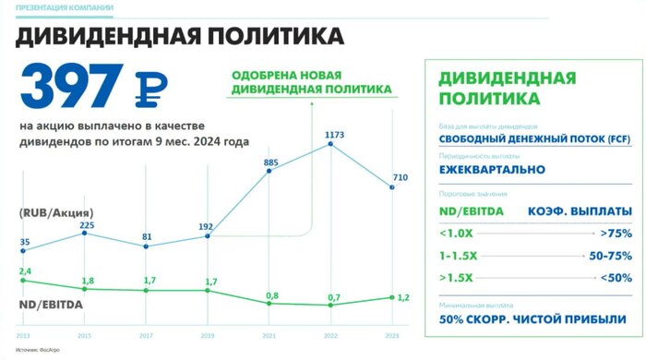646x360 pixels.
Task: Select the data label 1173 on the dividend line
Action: pos(334,136)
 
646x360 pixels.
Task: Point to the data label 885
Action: pos(271,162)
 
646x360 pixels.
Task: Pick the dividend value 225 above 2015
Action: pos(87,224)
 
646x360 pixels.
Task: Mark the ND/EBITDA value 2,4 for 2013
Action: pos(25,270)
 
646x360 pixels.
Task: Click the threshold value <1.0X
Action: pos(458,234)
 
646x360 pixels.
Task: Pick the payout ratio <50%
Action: pos(615,278)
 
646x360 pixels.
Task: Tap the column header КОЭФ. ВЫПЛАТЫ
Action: pos(579,211)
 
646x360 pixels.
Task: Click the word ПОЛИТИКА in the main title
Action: pos(273,37)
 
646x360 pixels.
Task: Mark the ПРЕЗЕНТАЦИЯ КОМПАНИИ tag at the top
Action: pos(65,8)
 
